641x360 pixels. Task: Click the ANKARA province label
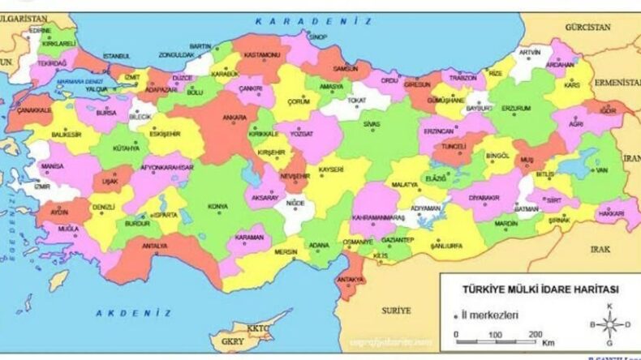pos(234,118)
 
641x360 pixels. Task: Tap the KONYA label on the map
pos(217,206)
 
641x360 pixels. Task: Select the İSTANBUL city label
pos(116,57)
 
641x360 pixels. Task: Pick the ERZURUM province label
pos(515,108)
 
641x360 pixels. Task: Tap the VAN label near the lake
pos(601,171)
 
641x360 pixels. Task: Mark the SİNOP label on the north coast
pos(317,37)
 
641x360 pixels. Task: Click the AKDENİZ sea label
pos(133,312)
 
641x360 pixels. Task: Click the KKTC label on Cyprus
pos(258,328)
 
